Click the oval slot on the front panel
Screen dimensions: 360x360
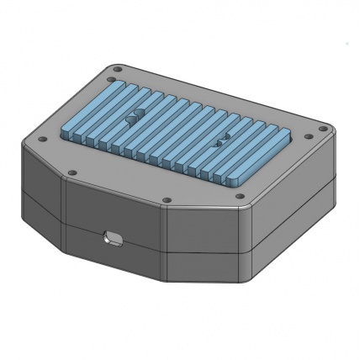click(110, 239)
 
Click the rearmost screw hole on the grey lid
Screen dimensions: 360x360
click(119, 69)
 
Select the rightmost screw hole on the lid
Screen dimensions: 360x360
click(321, 129)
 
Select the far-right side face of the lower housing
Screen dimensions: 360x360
click(294, 244)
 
